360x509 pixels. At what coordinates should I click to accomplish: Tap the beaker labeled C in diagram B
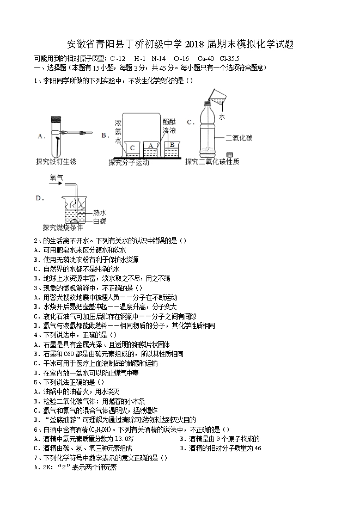pos(132,149)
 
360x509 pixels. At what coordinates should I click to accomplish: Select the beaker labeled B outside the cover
pos(172,148)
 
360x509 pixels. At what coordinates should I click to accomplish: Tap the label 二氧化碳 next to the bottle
pos(239,138)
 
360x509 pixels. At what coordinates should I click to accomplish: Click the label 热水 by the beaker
pos(100,212)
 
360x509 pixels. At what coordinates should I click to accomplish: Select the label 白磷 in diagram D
pos(100,220)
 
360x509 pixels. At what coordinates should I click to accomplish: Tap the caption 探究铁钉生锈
pos(56,162)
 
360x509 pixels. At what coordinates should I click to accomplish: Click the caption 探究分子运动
pos(129,162)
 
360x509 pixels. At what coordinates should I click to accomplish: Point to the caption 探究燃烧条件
pos(63,228)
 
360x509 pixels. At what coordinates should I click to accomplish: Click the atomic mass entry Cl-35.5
pos(230,58)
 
